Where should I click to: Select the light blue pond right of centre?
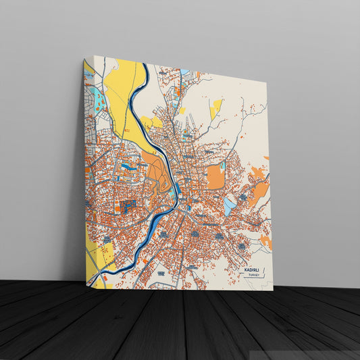[x=230, y=205]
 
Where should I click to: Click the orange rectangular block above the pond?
[x=215, y=176]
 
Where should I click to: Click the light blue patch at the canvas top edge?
[x=184, y=71]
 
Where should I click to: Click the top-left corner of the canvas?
[x=84, y=59]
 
